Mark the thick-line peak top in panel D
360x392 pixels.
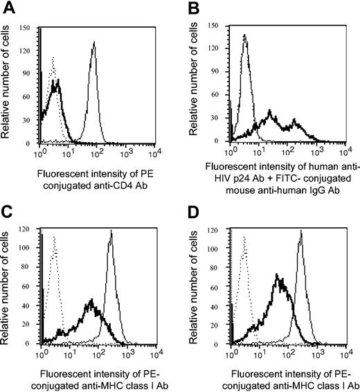(278, 275)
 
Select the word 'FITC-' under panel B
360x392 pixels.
(267, 179)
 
